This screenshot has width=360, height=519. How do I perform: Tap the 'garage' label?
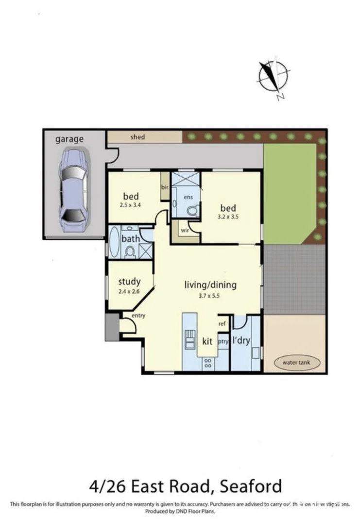(69, 139)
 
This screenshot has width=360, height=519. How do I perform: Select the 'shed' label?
(137, 137)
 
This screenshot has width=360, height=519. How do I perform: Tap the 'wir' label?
(185, 231)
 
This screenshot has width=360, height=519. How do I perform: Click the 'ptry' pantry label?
(223, 341)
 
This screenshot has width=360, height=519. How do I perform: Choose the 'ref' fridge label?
(223, 324)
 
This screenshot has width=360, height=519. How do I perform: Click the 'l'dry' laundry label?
(241, 341)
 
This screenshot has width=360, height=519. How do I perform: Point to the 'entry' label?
(138, 316)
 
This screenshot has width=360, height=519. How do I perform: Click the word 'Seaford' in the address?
(251, 486)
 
